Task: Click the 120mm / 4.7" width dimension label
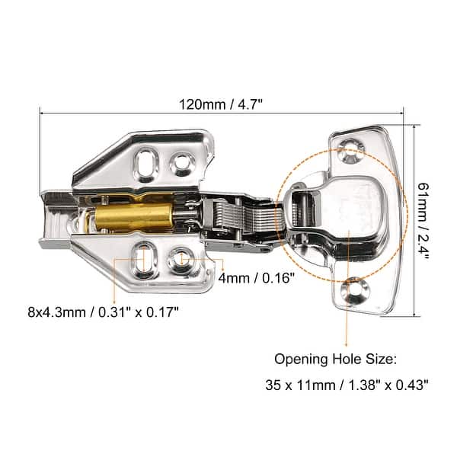[221, 102]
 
